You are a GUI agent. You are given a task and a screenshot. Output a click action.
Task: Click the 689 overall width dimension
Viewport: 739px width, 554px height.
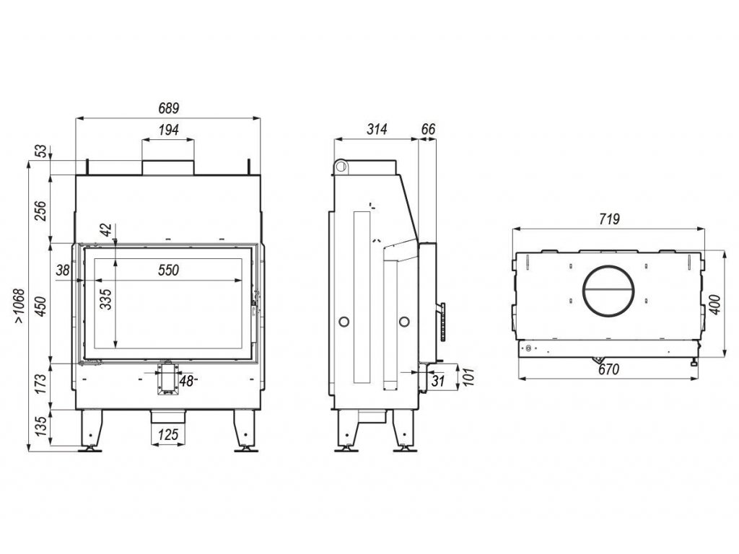tap(167, 108)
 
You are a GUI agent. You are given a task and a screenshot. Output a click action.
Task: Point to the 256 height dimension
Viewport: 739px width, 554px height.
tap(41, 210)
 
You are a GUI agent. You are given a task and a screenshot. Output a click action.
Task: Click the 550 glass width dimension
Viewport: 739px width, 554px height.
tap(167, 271)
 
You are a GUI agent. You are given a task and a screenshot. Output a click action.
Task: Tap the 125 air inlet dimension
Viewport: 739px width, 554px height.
tap(167, 435)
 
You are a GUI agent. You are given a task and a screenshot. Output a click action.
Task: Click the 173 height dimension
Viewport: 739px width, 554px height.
tap(41, 387)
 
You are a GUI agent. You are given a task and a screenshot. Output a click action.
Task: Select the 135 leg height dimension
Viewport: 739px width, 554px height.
tap(41, 429)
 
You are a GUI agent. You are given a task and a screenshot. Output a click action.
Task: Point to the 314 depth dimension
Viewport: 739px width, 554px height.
tap(376, 129)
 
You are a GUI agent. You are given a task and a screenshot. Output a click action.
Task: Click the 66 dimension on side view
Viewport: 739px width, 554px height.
tap(427, 129)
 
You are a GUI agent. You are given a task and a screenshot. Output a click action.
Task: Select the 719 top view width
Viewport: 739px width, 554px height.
tap(610, 219)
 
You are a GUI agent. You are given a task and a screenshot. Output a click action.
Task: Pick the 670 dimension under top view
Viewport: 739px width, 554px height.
tap(610, 369)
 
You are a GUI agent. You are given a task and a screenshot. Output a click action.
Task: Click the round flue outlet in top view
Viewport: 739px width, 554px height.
tap(610, 292)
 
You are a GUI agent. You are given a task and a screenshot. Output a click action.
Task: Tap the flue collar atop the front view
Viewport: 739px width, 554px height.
tap(167, 167)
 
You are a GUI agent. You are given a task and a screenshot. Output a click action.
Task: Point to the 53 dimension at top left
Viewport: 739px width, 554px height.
tap(41, 151)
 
